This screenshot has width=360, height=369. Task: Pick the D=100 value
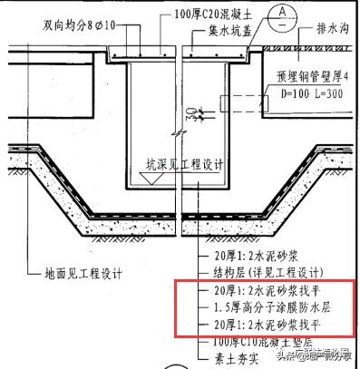coord(282,95)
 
